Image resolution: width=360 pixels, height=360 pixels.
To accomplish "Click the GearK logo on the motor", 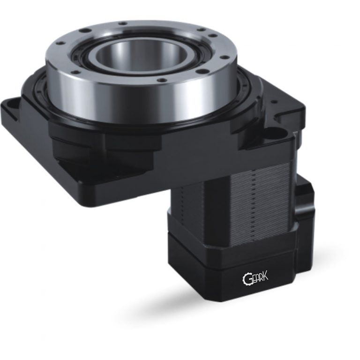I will pyautogui.click(x=257, y=279).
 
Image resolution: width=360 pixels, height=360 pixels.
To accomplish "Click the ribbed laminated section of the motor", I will pyautogui.click(x=234, y=197).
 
